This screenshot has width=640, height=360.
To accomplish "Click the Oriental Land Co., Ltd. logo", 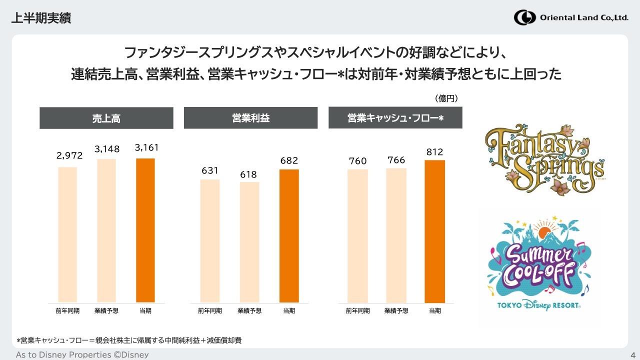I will pos(571,17).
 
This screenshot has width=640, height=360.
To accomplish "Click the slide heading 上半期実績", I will pos(41,18).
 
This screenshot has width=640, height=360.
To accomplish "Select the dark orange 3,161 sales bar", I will pos(145,230).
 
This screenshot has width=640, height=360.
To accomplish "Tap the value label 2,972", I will pos(69,155).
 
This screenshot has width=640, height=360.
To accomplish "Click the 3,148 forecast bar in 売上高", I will pos(106,230).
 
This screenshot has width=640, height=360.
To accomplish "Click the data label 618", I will pos(248,174).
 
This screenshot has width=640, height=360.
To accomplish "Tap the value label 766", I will pos(396,160).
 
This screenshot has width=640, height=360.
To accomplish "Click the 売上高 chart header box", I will pos(106,118).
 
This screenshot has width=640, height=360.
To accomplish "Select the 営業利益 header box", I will pos(250,118).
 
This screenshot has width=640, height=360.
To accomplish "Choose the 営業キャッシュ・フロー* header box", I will pos(395,118).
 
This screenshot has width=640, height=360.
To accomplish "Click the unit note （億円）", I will pos(446,98).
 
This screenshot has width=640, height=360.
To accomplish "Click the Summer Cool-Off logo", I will pos(538,263).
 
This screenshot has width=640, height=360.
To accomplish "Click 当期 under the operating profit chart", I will pos(289,310).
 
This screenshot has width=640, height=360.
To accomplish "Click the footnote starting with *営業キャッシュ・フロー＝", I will pos(129,340).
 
